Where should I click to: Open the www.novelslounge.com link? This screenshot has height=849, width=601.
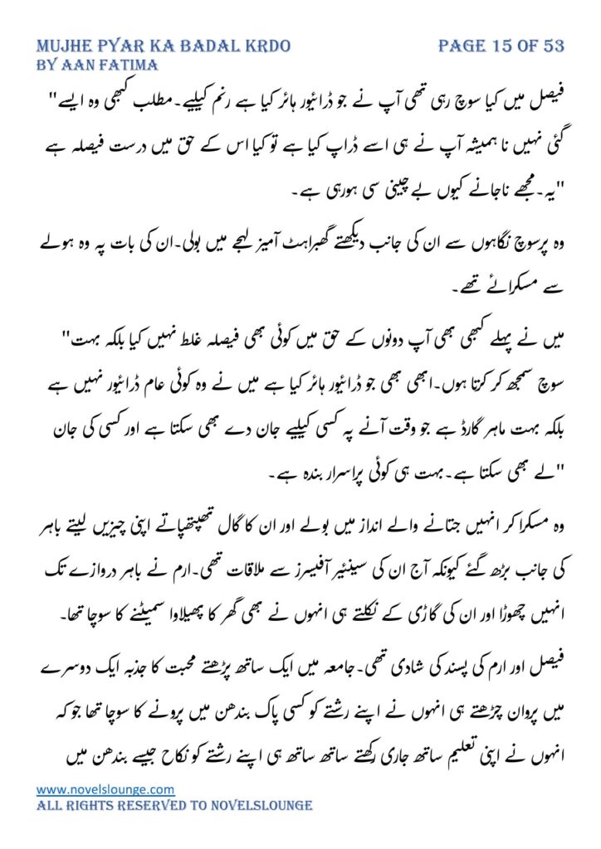[x=105, y=788]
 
